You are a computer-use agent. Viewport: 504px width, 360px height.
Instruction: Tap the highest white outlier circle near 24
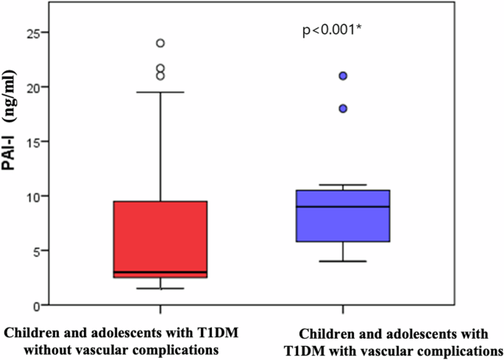click(160, 43)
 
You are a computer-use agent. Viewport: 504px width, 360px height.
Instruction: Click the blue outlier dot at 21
click(343, 76)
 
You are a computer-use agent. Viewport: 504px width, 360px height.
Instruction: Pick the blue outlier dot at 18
click(343, 108)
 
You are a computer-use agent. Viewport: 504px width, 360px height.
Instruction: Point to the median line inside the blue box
click(343, 207)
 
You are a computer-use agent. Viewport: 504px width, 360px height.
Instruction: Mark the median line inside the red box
click(160, 272)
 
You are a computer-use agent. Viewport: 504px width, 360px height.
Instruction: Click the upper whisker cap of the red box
click(160, 92)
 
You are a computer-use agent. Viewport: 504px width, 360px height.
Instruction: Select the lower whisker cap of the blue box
click(343, 261)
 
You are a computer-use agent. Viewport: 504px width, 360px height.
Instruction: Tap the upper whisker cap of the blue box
click(343, 185)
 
